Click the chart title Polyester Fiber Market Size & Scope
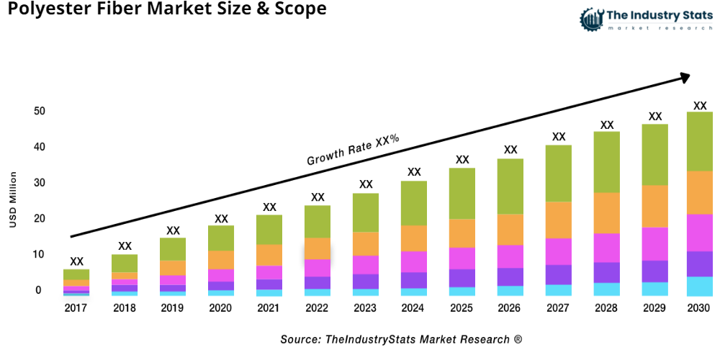point(163,10)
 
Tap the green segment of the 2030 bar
point(699,141)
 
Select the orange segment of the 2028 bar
point(607,213)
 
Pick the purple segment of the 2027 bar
point(559,274)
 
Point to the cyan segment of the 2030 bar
point(699,286)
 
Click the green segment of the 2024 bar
point(414,203)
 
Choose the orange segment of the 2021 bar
point(269,255)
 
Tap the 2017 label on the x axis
point(76,308)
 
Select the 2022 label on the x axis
point(318,308)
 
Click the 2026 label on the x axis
point(510,308)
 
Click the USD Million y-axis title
point(13,199)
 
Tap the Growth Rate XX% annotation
point(353,150)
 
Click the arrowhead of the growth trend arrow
point(685,75)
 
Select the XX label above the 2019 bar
point(173,230)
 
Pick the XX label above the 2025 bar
point(462,160)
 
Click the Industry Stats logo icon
point(592,19)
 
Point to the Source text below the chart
point(401,338)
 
